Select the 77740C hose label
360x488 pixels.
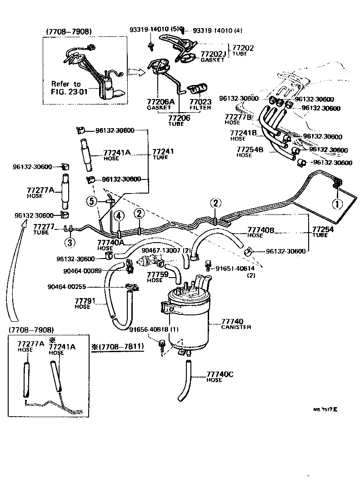[220, 376]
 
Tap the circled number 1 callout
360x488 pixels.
[337, 204]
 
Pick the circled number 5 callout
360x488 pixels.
[92, 200]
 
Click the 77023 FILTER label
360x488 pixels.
[200, 105]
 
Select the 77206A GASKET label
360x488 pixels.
[160, 105]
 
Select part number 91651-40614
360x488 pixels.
[235, 269]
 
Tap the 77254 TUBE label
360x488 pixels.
[322, 232]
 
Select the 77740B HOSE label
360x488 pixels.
[261, 232]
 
